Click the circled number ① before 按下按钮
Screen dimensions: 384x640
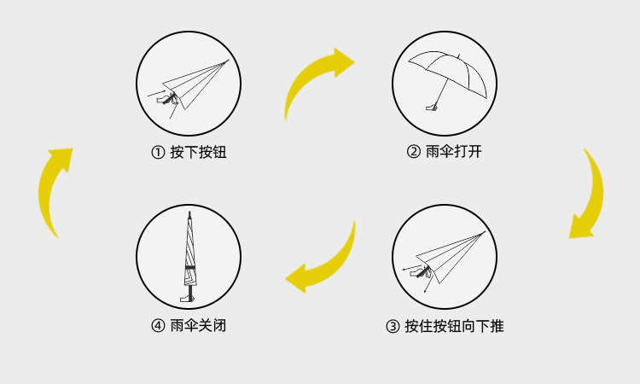click(158, 153)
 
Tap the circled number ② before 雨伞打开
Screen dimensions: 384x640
click(413, 153)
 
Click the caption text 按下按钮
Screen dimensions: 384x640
click(198, 153)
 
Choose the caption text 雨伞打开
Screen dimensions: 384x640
click(453, 153)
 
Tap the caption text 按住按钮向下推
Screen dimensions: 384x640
click(454, 326)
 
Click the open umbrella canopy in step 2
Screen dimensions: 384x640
click(448, 64)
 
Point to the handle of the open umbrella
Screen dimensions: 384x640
click(433, 107)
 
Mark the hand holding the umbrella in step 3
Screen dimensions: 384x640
click(419, 272)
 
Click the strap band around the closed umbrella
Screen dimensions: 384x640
click(189, 270)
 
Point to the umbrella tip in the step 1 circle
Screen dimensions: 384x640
click(227, 61)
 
